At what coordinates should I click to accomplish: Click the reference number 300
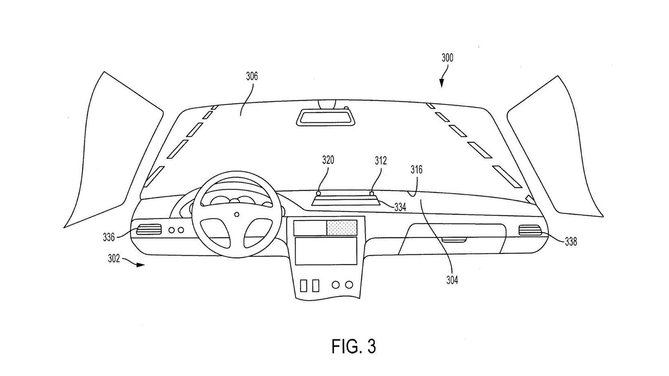(x=447, y=58)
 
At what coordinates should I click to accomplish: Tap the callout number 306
(x=252, y=76)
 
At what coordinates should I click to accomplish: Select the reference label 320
(x=328, y=160)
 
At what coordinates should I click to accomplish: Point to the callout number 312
(x=381, y=161)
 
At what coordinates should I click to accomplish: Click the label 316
(x=416, y=170)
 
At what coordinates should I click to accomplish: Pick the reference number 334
(x=400, y=207)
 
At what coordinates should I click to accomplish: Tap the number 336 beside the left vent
(x=109, y=237)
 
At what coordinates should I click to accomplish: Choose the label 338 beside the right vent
(x=571, y=241)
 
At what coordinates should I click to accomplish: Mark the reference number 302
(x=114, y=259)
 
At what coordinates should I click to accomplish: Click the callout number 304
(x=452, y=280)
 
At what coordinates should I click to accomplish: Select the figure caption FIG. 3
(x=354, y=346)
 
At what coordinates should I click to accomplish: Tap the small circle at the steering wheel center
(x=237, y=214)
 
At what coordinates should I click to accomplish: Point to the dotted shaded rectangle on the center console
(x=342, y=228)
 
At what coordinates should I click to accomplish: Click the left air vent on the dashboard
(x=149, y=230)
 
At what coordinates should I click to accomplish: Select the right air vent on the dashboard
(x=530, y=230)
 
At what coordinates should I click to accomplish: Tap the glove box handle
(x=454, y=240)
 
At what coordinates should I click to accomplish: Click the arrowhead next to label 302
(x=140, y=265)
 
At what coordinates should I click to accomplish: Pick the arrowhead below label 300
(x=442, y=83)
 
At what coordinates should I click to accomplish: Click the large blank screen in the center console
(x=326, y=251)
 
